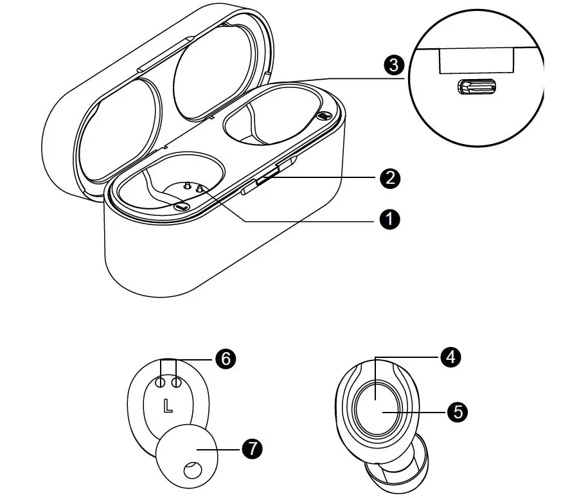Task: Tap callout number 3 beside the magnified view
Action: click(x=393, y=65)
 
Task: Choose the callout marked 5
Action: click(x=457, y=412)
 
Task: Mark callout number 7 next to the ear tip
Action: click(x=252, y=449)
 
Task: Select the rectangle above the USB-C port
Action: click(x=476, y=61)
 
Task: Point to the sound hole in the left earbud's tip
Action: click(x=191, y=470)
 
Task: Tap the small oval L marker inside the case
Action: click(x=182, y=206)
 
